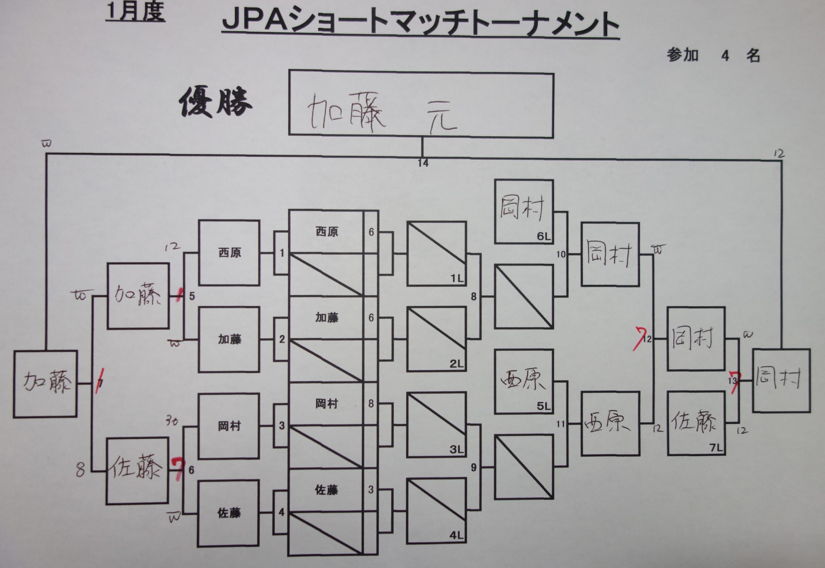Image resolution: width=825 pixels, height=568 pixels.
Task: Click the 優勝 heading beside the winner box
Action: tap(216, 104)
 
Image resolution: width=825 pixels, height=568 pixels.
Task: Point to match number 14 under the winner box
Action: tap(423, 163)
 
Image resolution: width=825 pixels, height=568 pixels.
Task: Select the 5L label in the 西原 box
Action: tap(543, 406)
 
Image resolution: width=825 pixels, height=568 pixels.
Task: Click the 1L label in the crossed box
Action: tap(457, 279)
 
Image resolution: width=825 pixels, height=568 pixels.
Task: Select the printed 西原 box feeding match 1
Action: tap(229, 253)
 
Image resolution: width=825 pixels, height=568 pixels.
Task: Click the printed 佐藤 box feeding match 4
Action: tap(229, 513)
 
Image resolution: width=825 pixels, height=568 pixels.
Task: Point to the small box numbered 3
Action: tap(282, 426)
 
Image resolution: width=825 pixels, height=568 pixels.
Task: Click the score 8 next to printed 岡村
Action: tap(371, 404)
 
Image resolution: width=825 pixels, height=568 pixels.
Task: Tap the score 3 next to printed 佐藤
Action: tap(371, 490)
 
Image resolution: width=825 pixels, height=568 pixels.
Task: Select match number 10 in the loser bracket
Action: tap(561, 254)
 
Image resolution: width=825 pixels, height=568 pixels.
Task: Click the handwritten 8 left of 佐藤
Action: tap(80, 470)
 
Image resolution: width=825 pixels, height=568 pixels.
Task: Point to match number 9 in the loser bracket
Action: tap(473, 467)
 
